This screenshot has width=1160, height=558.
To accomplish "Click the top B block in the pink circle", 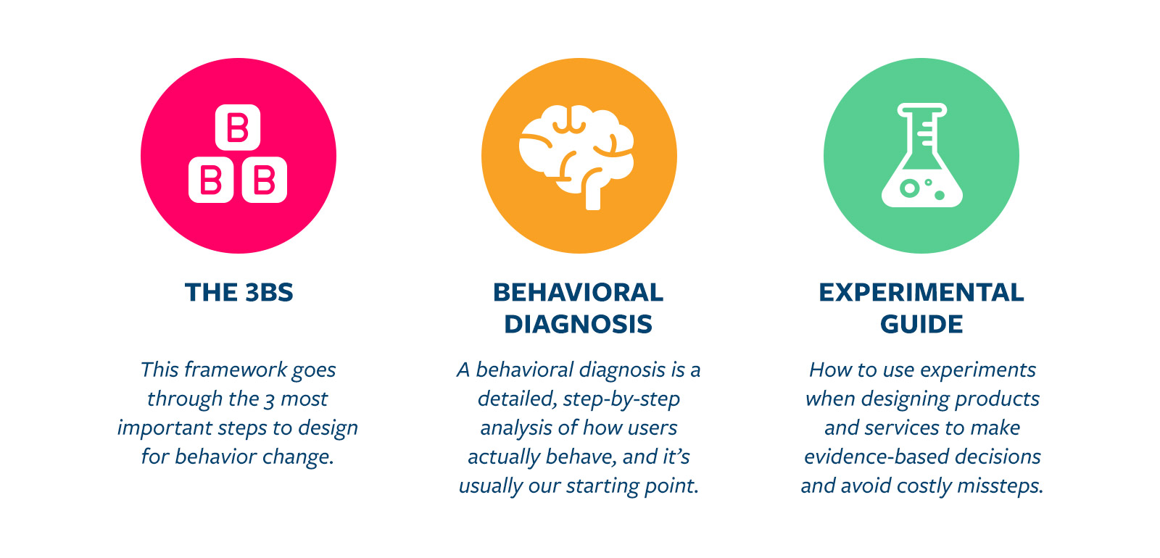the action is [x=238, y=128].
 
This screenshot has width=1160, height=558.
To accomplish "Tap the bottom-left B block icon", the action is [x=211, y=180].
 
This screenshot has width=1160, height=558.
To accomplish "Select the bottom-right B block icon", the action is [x=264, y=180].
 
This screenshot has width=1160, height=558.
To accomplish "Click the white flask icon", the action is [x=921, y=155].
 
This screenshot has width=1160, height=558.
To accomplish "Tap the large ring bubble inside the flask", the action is [x=909, y=188].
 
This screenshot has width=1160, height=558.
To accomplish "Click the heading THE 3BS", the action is [x=239, y=293].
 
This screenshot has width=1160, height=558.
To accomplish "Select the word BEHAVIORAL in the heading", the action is [x=579, y=293].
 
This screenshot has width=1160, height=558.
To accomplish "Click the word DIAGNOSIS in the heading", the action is [x=579, y=325].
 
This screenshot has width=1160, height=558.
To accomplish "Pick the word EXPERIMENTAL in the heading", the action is [x=921, y=293].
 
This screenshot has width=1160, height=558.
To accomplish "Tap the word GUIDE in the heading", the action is [x=921, y=325].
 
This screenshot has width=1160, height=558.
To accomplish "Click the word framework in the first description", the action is [x=236, y=370].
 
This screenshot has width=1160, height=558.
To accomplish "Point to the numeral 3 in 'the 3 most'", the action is [x=269, y=400].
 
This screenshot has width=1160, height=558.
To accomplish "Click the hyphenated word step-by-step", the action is [x=621, y=399].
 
